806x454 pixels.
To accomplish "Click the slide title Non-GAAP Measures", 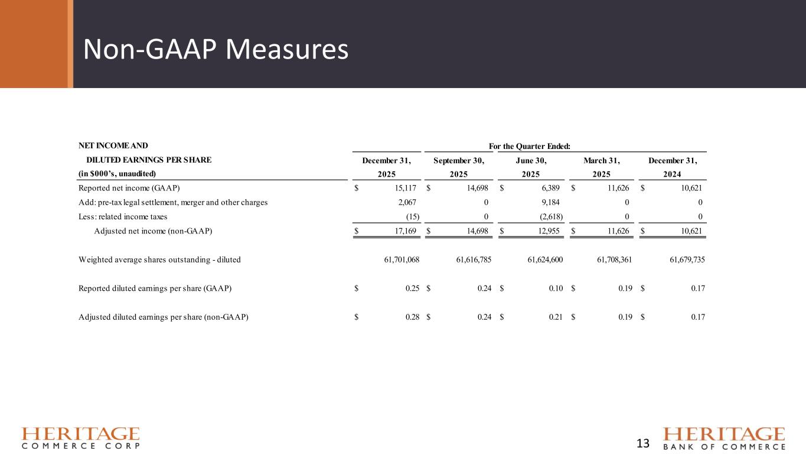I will (216, 51).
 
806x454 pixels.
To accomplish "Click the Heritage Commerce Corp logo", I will (81, 438).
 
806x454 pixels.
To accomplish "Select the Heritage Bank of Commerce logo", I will (725, 438).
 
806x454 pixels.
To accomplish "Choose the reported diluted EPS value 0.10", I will (556, 288).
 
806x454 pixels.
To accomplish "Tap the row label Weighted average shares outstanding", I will (159, 260).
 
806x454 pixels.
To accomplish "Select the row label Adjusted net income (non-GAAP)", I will (153, 231).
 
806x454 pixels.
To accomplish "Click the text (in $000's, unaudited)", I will (117, 174).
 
